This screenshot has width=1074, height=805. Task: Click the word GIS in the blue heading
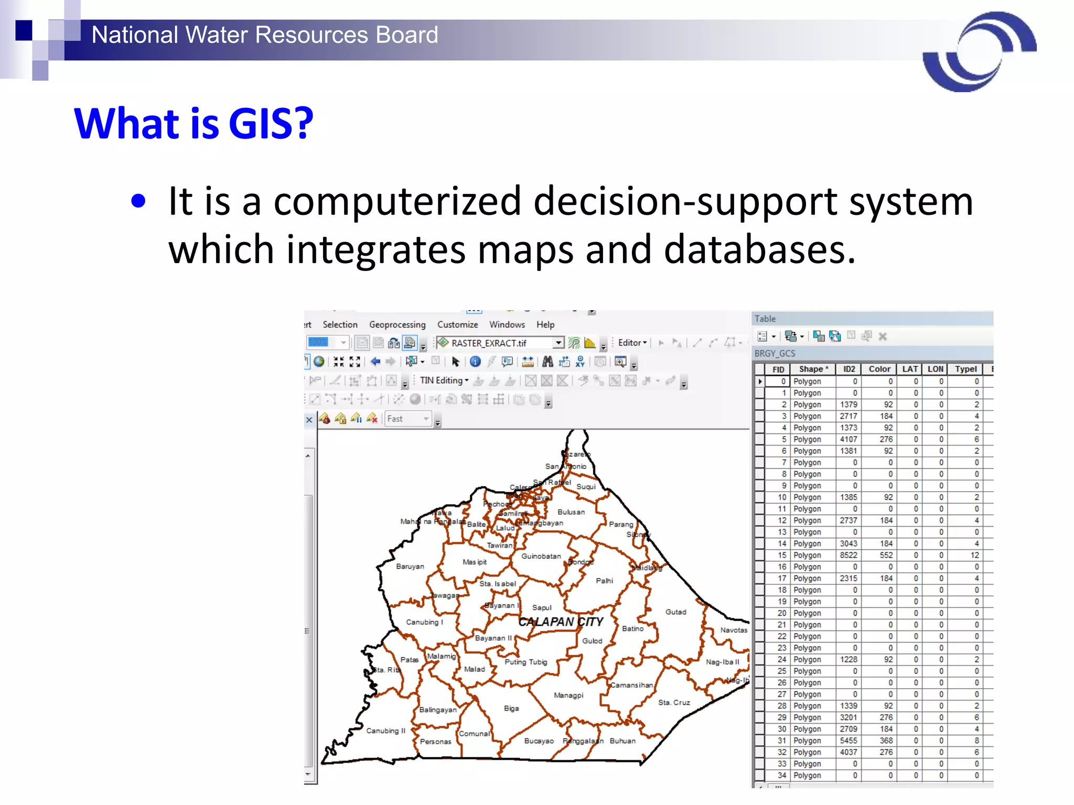[x=271, y=124]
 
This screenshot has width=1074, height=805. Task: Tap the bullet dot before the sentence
[x=138, y=201]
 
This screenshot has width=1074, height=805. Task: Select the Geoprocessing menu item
[x=397, y=324]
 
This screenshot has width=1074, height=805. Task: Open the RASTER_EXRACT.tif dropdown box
[x=559, y=343]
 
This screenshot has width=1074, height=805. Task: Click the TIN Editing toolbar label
[x=441, y=380]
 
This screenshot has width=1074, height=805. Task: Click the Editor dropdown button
[x=632, y=343]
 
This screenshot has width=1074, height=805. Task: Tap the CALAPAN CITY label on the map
[x=561, y=622]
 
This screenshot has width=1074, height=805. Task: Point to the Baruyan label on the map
[x=410, y=567]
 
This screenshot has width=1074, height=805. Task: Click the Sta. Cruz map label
[x=674, y=702]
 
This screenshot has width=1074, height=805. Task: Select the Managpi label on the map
[x=568, y=695]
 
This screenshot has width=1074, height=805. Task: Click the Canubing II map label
[x=385, y=731]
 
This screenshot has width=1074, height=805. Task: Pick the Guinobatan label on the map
[x=541, y=556]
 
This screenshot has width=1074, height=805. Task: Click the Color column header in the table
[x=879, y=369]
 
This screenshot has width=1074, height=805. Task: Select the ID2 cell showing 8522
[x=849, y=555]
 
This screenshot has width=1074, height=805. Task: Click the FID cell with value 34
[x=782, y=775]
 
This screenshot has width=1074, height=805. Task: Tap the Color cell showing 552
[x=886, y=555]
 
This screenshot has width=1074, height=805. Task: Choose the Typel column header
[x=965, y=369]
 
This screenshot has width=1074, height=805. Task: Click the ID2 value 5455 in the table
[x=849, y=741]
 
